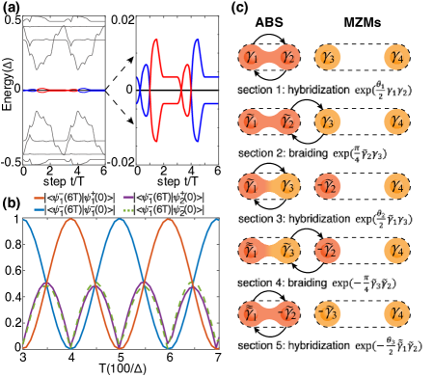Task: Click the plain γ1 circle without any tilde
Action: coord(253,58)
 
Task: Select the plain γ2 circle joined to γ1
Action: coord(288,58)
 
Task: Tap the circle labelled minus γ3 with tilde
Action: coord(328,313)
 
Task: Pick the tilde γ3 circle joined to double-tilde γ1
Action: coord(288,251)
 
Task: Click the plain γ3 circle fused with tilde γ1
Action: coord(288,186)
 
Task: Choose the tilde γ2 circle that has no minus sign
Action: coord(288,122)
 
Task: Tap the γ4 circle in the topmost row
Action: coord(395,58)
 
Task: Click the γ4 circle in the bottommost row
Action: coord(395,313)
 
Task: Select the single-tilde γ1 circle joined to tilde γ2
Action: coord(253,122)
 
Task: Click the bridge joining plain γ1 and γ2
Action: coord(270,58)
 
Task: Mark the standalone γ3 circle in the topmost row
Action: coord(328,58)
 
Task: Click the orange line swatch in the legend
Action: coord(40,198)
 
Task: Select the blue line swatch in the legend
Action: coord(40,208)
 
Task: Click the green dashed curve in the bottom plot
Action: coord(95,286)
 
